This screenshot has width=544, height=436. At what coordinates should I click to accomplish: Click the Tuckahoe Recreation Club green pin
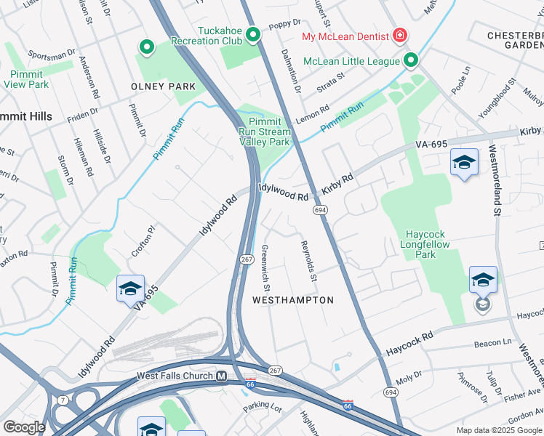tap(253, 35)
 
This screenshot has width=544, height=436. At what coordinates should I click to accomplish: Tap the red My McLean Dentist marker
tap(399, 35)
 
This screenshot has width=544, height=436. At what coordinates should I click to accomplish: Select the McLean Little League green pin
tap(411, 60)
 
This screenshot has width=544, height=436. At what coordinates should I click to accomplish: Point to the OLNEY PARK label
tap(163, 86)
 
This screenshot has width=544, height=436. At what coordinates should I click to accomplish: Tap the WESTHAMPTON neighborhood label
tap(292, 300)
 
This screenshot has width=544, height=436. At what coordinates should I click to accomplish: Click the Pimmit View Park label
tap(25, 79)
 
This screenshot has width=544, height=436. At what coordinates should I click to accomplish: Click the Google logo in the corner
tap(24, 427)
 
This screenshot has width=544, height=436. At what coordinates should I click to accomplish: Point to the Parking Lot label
tap(262, 408)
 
